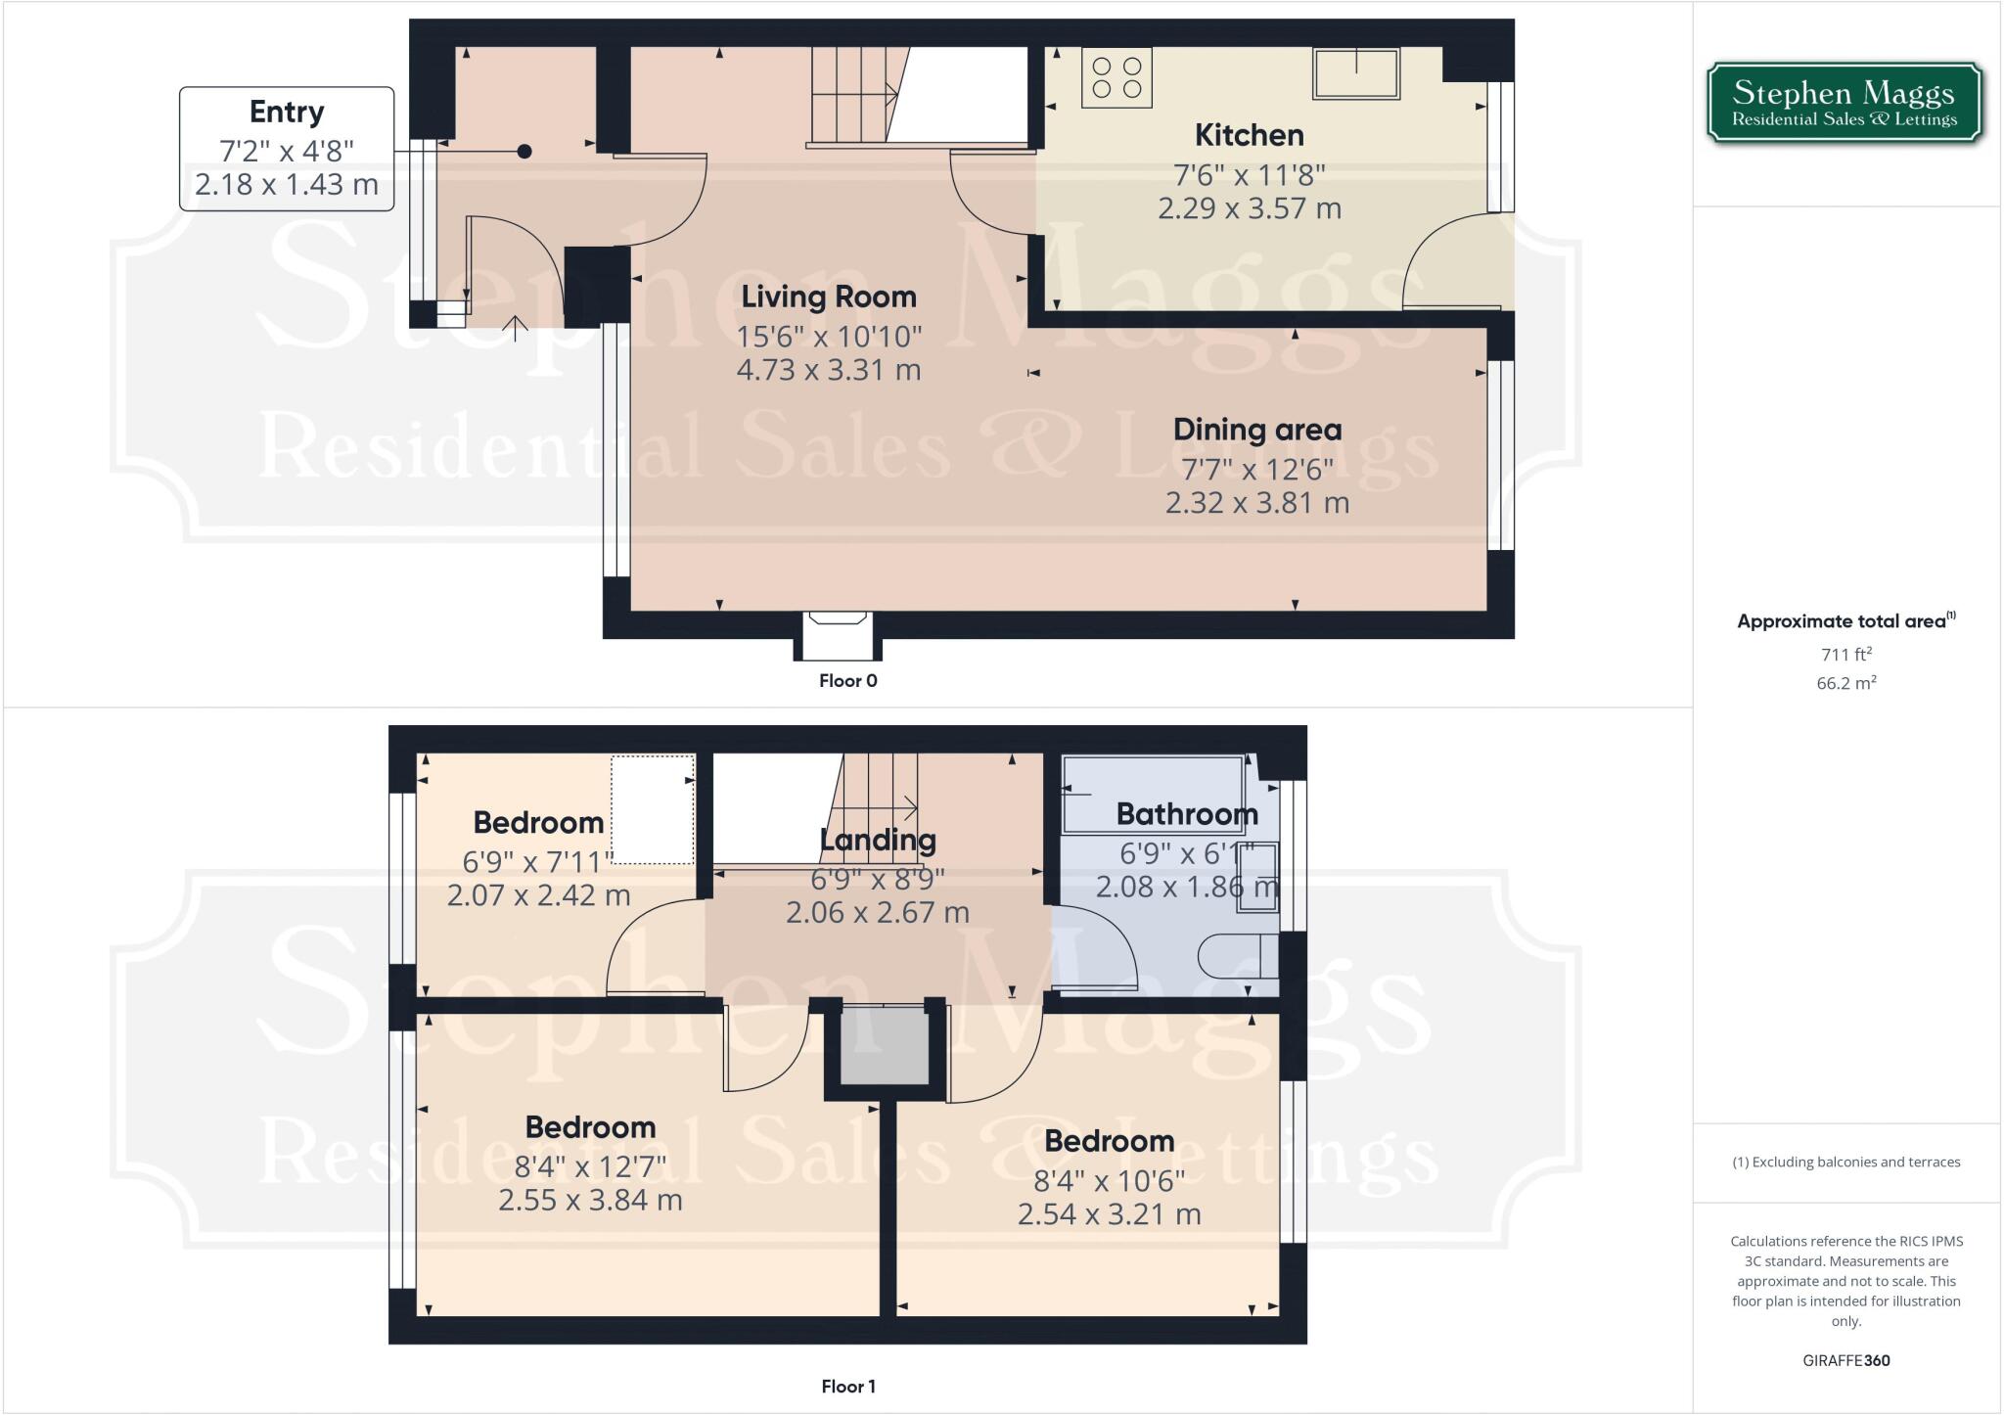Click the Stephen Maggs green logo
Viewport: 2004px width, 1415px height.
point(1844,104)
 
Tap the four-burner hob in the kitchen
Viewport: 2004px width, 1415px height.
point(1116,78)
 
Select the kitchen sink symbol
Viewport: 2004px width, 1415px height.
point(1356,73)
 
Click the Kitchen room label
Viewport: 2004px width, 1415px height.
point(1249,135)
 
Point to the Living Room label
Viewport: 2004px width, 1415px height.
point(828,297)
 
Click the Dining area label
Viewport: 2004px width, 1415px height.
point(1256,430)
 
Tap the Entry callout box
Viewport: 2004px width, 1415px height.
point(287,149)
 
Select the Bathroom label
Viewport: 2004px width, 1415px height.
point(1186,814)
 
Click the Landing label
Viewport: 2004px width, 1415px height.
point(877,840)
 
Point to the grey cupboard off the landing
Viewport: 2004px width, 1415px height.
point(885,1047)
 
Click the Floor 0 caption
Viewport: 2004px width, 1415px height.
point(847,681)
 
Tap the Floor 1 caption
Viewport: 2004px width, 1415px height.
point(847,1387)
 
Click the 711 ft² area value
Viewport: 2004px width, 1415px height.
point(1845,655)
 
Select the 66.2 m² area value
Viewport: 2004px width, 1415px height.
point(1845,683)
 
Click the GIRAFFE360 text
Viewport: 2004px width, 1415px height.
point(1845,1360)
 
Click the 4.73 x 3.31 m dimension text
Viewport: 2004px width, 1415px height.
point(828,370)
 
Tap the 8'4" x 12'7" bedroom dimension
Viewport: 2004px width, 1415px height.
point(590,1166)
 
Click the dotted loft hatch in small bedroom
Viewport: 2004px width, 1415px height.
point(653,809)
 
